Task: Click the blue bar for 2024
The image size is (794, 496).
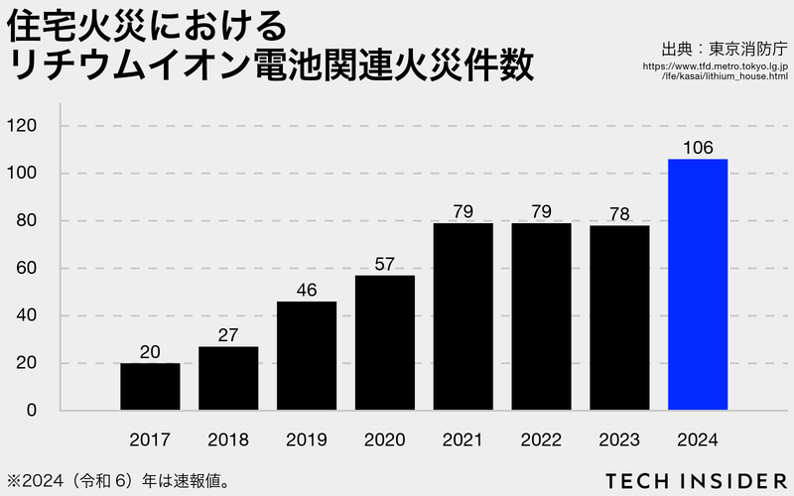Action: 698,285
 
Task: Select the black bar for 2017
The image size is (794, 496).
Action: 150,387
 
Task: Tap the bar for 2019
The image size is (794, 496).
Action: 307,356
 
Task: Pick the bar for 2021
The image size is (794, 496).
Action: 463,316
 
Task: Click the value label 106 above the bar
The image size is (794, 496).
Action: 698,148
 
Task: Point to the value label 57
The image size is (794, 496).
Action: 385,264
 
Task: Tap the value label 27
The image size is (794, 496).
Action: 228,335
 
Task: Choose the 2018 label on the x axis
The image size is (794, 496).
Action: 228,439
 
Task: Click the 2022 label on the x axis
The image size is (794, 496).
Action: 542,439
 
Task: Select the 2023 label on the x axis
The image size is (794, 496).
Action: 619,439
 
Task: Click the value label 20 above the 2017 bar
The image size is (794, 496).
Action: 150,352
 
